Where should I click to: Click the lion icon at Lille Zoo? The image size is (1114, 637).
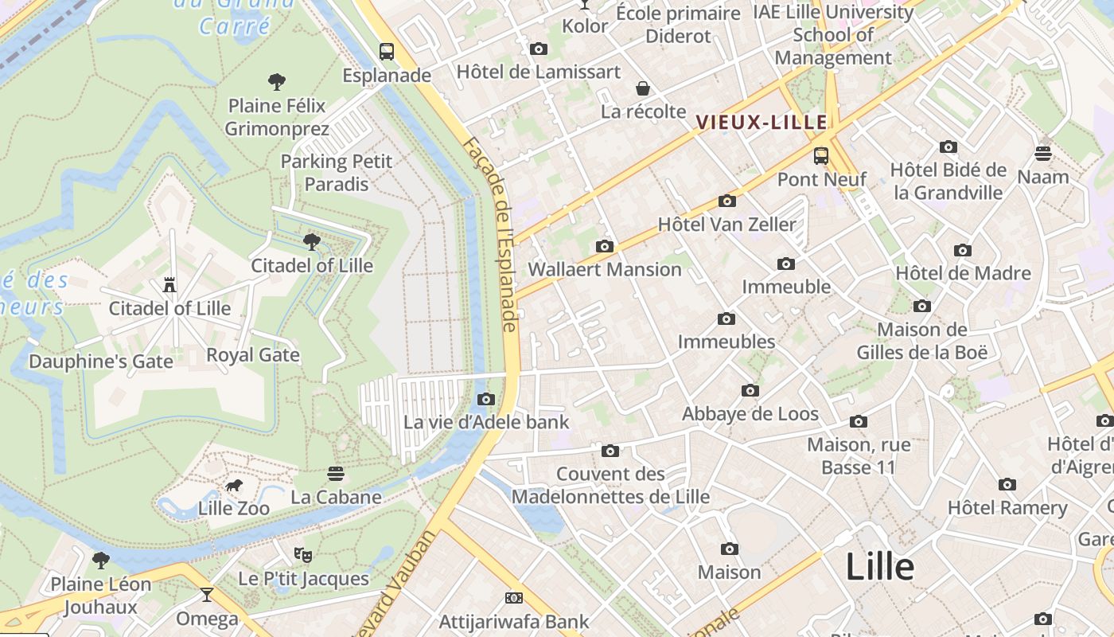(233, 485)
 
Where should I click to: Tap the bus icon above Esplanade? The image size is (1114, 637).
(387, 53)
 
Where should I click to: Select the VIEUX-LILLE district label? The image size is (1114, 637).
(761, 123)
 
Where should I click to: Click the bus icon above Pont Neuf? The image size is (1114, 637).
(821, 156)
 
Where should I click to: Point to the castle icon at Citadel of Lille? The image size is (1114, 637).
(169, 284)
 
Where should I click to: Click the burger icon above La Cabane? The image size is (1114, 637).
(335, 474)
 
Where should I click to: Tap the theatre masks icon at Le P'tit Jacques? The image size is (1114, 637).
(303, 554)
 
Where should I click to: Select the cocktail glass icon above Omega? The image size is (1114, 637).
(207, 594)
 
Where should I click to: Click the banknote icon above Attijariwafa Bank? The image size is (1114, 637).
(514, 597)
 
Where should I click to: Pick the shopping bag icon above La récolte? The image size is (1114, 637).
(643, 88)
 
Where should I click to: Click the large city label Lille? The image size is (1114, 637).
(879, 567)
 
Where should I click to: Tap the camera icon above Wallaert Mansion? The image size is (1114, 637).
(605, 246)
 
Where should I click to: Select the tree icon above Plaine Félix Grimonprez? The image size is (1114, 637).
(277, 81)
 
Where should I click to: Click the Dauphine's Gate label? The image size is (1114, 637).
(101, 361)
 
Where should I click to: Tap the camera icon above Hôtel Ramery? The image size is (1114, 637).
(1007, 484)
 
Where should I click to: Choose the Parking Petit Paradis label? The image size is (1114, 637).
(337, 173)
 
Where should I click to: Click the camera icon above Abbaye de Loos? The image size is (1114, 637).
(750, 390)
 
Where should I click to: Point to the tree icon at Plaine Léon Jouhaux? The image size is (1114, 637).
(101, 560)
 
